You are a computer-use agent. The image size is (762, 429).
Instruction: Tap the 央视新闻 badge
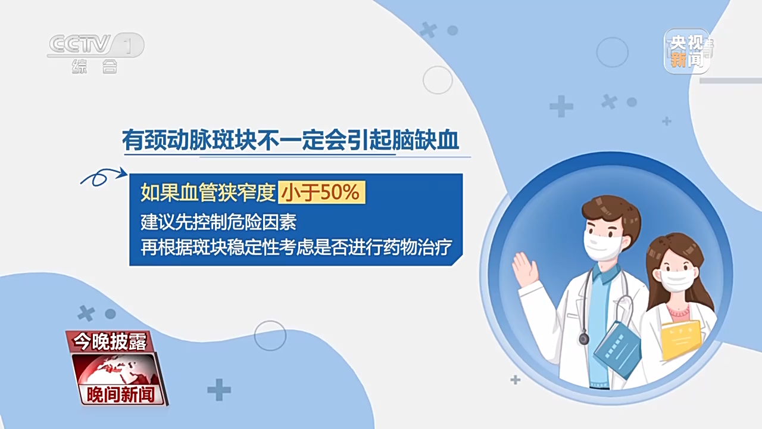(687, 51)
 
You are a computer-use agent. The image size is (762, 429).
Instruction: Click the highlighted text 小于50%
(322, 192)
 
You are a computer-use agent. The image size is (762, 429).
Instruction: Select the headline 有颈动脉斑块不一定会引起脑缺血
(291, 140)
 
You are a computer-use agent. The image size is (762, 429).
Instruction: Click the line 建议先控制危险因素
(218, 222)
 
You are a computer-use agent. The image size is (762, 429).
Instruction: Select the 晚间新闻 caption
(120, 394)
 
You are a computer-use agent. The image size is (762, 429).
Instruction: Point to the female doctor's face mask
(676, 279)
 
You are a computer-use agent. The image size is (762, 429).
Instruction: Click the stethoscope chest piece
(584, 339)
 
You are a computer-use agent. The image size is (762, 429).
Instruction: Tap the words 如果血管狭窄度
(208, 192)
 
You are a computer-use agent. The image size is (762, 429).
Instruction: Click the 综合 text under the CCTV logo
(95, 66)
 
